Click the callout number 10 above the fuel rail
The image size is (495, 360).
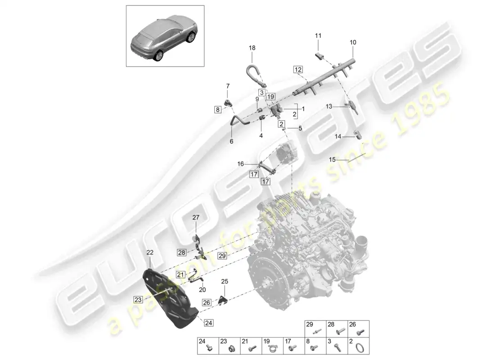(x=352, y=42)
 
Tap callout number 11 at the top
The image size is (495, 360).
(x=318, y=36)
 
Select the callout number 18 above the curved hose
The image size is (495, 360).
(x=252, y=47)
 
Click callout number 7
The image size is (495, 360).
(x=228, y=85)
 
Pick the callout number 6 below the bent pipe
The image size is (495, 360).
(x=231, y=141)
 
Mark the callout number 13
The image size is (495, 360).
(x=329, y=107)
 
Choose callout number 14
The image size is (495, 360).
(x=337, y=136)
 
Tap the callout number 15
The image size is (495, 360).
(x=332, y=160)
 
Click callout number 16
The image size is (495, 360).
(x=241, y=164)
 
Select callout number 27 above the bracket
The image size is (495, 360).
(x=196, y=217)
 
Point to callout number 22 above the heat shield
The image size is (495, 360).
(x=149, y=252)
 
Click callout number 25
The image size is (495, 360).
(x=225, y=281)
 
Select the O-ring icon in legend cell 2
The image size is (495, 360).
(x=360, y=347)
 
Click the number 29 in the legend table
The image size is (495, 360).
(x=309, y=324)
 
